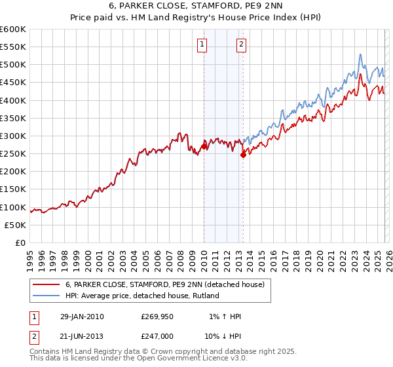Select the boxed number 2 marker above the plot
[241, 45]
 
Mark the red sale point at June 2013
[243, 155]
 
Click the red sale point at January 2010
[204, 147]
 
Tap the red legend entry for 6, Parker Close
[164, 284]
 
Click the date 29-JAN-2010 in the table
[81, 317]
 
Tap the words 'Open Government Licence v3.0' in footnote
[196, 359]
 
